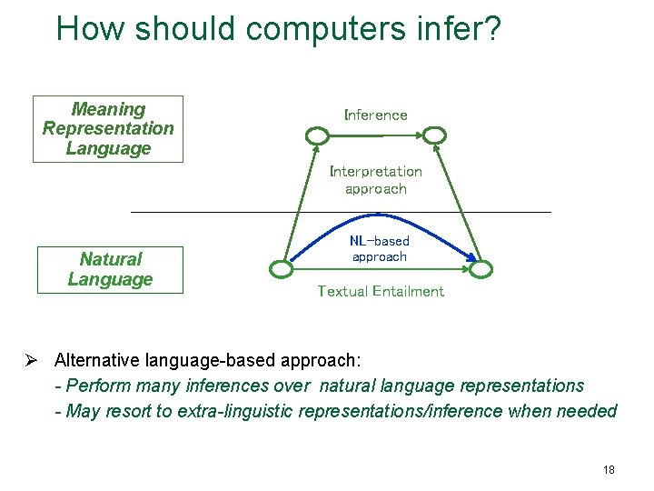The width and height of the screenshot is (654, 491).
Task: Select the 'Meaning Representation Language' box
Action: click(108, 129)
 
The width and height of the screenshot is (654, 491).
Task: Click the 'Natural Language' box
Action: click(110, 270)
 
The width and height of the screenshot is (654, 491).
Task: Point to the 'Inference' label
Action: click(375, 115)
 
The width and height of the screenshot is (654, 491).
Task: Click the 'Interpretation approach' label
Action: click(375, 180)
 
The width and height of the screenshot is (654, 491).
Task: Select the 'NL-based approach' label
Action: click(379, 248)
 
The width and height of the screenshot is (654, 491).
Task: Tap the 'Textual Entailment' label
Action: click(380, 291)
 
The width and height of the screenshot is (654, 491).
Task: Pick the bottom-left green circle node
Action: click(282, 269)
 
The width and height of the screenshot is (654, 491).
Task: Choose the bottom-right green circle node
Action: click(481, 269)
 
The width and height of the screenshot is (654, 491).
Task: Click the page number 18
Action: click(608, 470)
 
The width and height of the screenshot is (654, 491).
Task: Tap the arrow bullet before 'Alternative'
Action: click(31, 359)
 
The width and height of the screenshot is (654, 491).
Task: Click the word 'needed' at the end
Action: click(589, 411)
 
